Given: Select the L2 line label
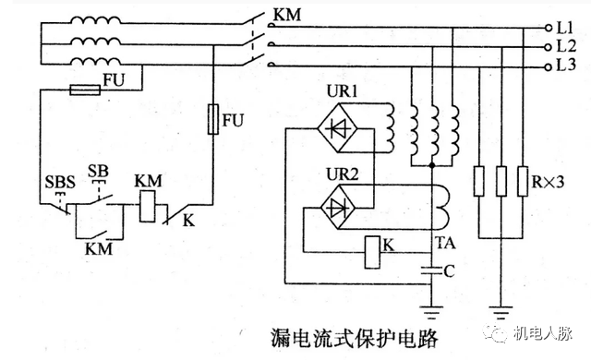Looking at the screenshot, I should click(566, 46).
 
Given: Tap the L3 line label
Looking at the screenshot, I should click(566, 64).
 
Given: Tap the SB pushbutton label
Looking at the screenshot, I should click(98, 171).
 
